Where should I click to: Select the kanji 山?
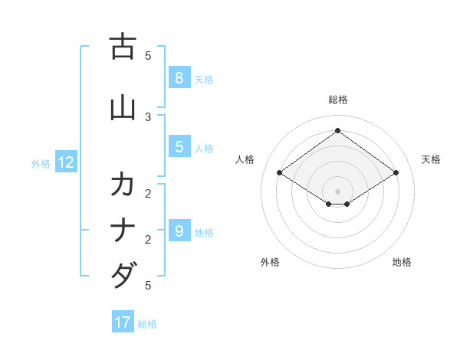tap(123, 108)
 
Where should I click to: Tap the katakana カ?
tap(123, 185)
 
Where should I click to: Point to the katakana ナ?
tap(123, 231)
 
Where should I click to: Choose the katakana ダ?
tap(123, 275)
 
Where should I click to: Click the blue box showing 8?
tap(179, 77)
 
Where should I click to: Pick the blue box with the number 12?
tap(66, 162)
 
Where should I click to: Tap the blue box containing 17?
tap(123, 322)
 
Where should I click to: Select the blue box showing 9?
tap(179, 231)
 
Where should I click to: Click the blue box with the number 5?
tap(179, 147)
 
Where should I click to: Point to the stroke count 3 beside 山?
tap(148, 116)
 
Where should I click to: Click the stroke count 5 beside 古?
tap(148, 55)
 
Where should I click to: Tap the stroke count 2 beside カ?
tap(148, 192)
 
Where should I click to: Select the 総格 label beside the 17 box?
tap(147, 324)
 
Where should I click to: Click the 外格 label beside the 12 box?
tap(41, 163)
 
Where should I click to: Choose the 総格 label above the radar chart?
tap(338, 100)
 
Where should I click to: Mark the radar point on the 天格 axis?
tap(396, 173)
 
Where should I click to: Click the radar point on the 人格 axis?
tap(280, 173)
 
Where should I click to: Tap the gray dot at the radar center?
tap(338, 191)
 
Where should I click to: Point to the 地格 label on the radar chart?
tap(402, 262)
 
